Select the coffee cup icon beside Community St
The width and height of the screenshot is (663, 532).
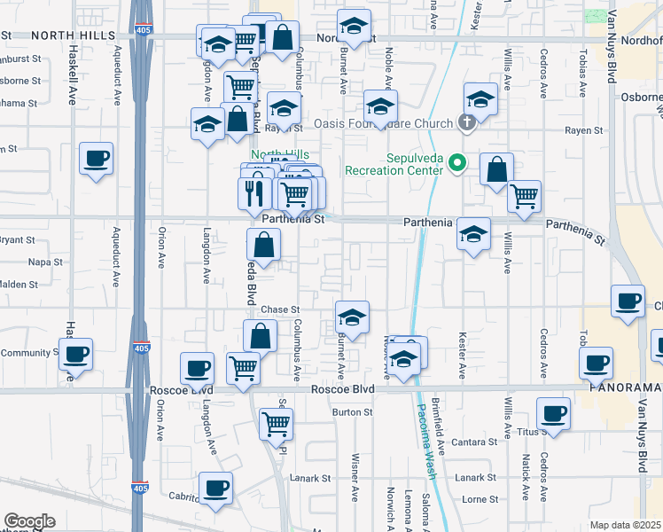(x=74, y=355)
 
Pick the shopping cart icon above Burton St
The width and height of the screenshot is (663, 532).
(x=243, y=368)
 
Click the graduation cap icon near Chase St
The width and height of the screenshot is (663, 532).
(x=352, y=317)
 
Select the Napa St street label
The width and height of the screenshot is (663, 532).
(x=45, y=262)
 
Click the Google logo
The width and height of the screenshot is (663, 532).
(x=29, y=521)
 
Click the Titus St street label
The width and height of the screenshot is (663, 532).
(x=531, y=432)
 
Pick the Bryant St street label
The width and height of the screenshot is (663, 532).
(x=18, y=239)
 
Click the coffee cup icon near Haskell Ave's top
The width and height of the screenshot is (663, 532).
(x=97, y=158)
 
